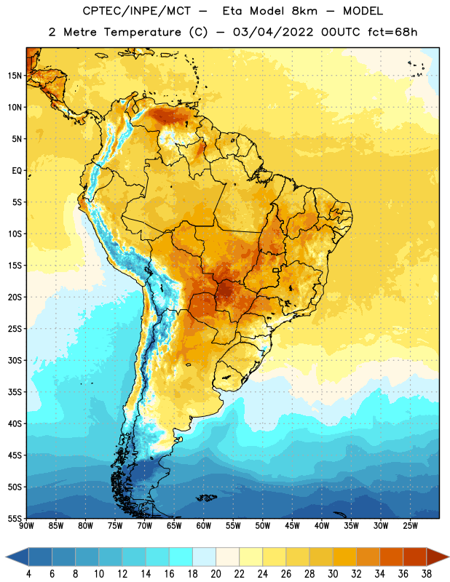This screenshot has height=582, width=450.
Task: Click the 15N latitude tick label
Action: [15, 76]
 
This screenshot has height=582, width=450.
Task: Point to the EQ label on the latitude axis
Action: [17, 171]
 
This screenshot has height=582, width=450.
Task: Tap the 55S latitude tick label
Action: [15, 518]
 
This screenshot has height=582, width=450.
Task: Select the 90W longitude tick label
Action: [26, 526]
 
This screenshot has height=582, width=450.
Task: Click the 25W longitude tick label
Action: [410, 526]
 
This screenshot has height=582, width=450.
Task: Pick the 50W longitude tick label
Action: [263, 526]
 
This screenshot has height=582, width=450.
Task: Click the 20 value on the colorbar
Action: [216, 574]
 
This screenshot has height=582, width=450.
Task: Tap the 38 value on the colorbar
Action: [427, 574]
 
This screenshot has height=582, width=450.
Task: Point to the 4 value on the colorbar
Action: [28, 574]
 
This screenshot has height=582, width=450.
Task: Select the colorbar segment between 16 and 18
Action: [181, 557]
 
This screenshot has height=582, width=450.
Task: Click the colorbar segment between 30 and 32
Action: [344, 557]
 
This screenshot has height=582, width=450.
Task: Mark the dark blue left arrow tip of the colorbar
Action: [7, 557]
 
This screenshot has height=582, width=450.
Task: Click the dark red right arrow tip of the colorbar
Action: [449, 557]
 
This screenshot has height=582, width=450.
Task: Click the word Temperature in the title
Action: [142, 32]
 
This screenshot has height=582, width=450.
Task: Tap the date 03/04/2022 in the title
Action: [273, 32]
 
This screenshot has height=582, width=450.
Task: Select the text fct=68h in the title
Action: [392, 32]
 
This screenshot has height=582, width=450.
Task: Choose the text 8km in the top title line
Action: [304, 11]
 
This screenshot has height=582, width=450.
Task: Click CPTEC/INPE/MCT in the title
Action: [137, 11]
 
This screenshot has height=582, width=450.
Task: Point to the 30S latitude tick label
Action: [15, 360]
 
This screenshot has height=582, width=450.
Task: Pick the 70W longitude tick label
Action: [145, 526]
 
